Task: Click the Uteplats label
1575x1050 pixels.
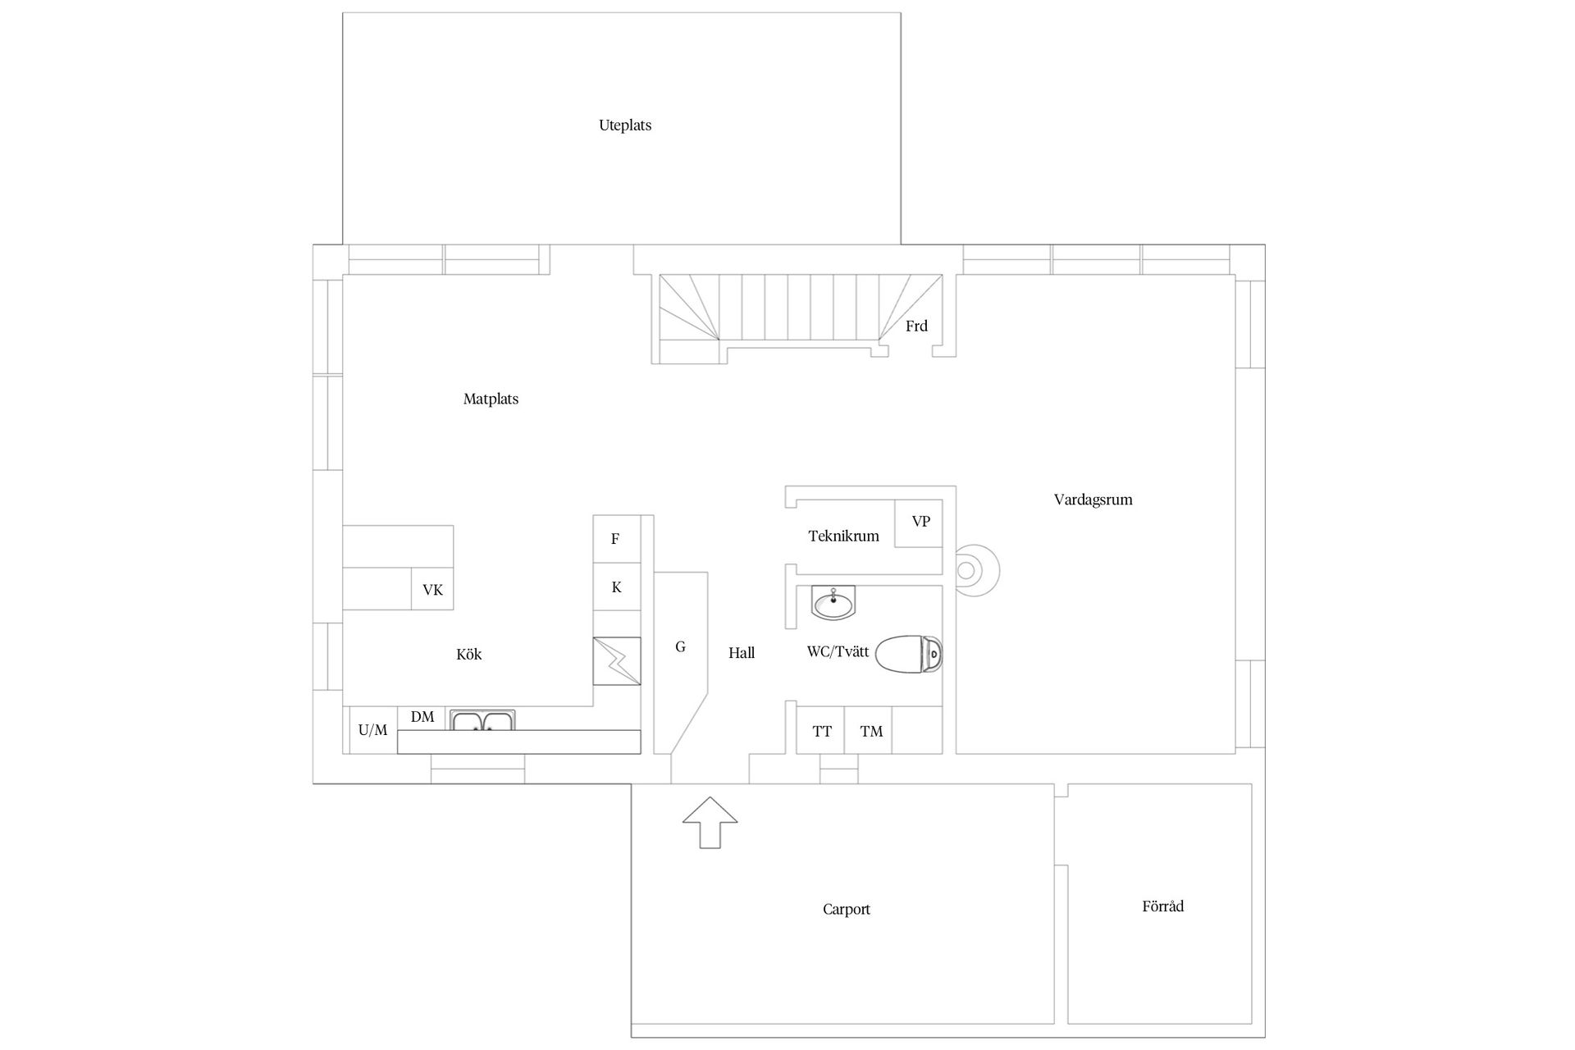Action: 625,126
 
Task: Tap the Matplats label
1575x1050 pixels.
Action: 491,399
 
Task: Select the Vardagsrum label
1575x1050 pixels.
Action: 1093,500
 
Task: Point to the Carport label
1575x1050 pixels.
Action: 846,909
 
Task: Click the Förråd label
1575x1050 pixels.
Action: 1162,906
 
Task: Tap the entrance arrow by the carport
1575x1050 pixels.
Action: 710,822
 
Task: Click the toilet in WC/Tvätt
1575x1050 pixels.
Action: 909,653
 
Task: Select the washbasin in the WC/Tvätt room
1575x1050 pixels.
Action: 833,602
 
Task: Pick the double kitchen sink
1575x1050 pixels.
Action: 482,720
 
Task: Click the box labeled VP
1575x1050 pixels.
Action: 919,523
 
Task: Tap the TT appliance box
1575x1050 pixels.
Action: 820,730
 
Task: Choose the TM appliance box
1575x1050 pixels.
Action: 869,730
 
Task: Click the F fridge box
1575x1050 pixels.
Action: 617,539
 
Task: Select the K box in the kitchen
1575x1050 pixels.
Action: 617,587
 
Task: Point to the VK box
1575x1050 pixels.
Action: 432,589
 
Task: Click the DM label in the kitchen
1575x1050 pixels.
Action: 422,717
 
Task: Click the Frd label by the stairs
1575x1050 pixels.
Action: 916,326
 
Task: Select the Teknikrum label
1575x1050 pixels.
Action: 843,536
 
